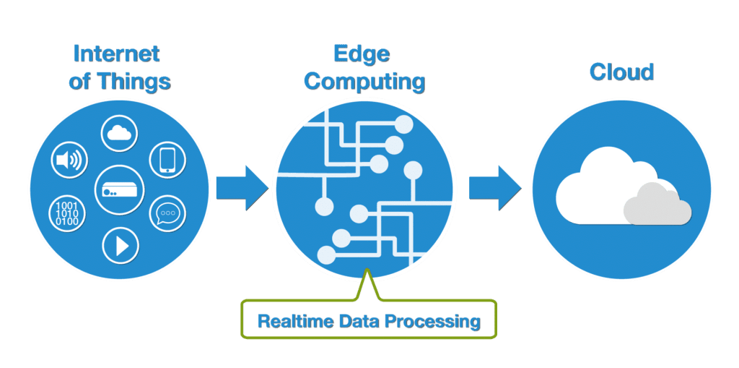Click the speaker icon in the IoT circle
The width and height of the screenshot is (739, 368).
(x=69, y=160)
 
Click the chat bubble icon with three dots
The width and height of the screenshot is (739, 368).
(x=167, y=214)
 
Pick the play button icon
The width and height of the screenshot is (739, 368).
(x=120, y=245)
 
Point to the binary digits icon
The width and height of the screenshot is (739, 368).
(x=68, y=214)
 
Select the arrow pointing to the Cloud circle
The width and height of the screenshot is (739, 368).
(x=494, y=187)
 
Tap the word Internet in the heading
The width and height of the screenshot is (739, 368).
(x=115, y=55)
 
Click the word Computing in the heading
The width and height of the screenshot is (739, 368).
(x=364, y=82)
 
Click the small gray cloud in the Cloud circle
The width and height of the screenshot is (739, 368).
(x=657, y=205)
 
